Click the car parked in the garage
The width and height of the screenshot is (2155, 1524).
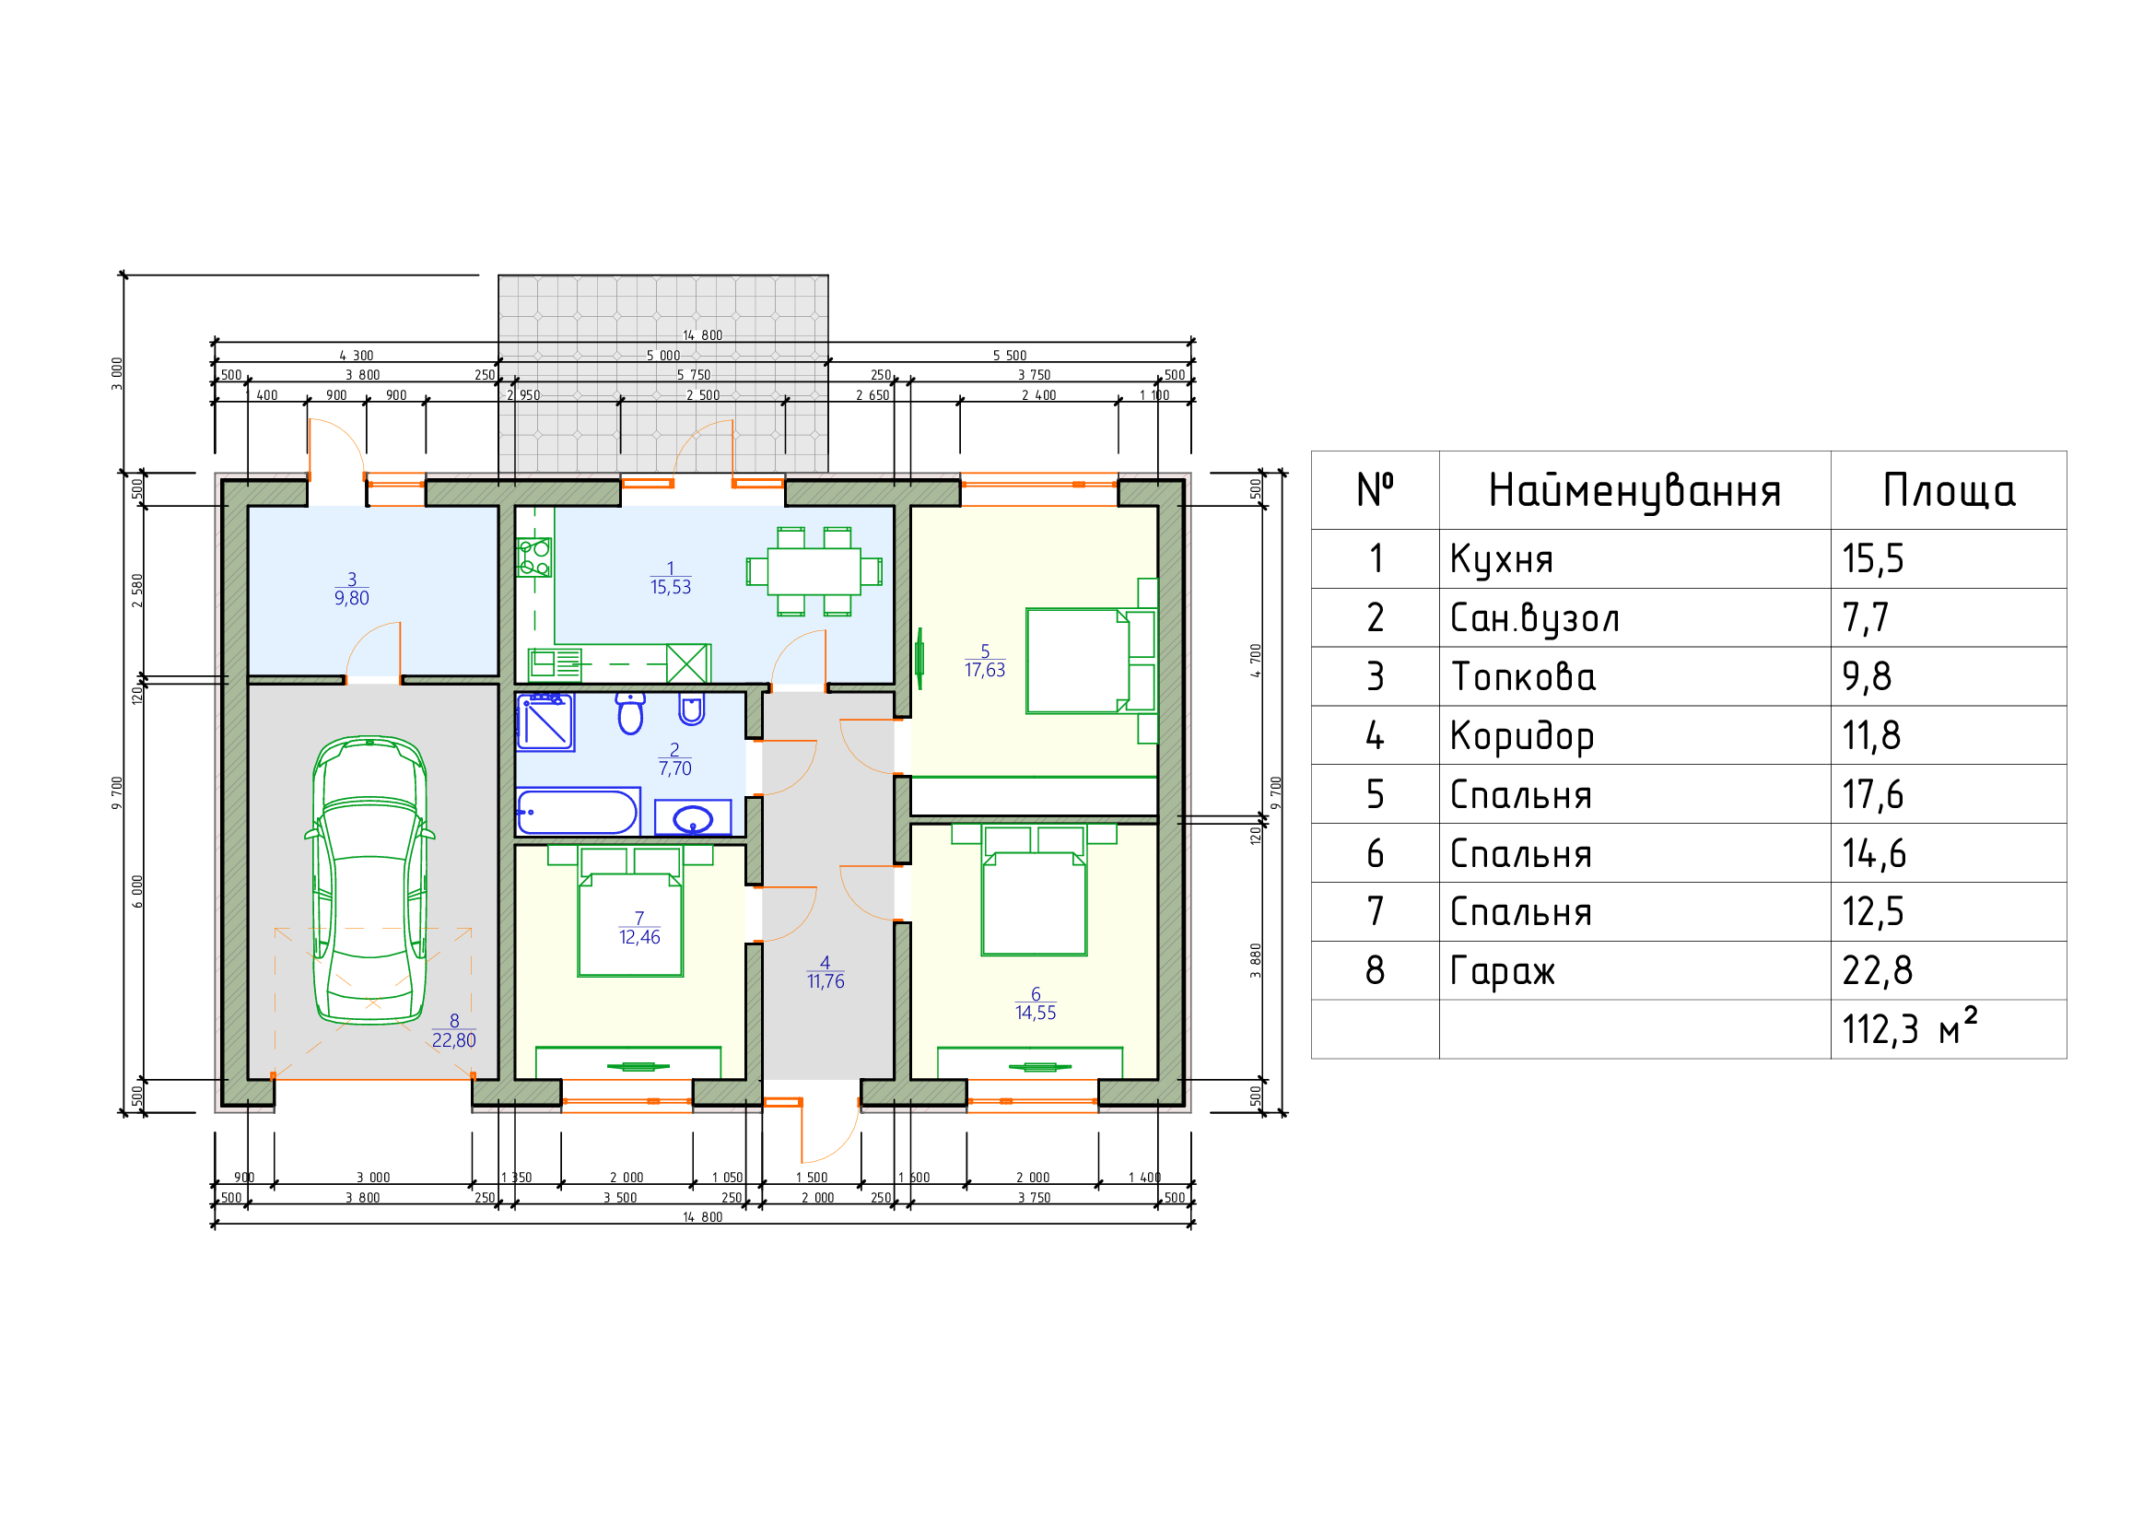tap(369, 880)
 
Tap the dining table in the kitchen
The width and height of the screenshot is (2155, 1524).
tap(814, 570)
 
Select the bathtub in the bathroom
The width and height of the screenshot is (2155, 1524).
tap(578, 812)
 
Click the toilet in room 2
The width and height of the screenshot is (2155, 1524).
tap(631, 713)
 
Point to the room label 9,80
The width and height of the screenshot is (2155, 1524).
tap(352, 598)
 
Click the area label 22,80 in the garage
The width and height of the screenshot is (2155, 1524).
tap(454, 1039)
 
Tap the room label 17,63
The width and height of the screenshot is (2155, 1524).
tap(985, 670)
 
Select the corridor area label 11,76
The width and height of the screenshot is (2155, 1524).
tap(826, 981)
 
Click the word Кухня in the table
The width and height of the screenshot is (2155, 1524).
tap(1502, 559)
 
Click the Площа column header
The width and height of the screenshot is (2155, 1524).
tap(1950, 491)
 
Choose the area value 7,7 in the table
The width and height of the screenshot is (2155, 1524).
tap(1865, 618)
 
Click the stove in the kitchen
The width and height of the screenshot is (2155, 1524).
tap(534, 557)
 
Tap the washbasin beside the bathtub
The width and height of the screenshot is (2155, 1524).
tap(693, 818)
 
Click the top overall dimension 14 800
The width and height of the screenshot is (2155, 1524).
tap(703, 335)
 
